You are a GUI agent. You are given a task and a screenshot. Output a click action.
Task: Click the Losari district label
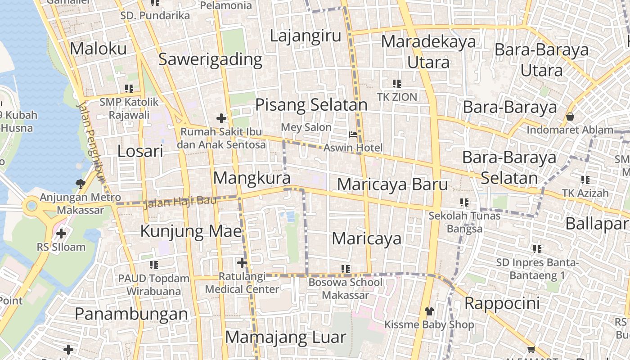[140, 151]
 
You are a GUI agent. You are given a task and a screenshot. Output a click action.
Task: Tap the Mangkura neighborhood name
[252, 178]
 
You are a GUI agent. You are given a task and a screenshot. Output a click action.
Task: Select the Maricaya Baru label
[392, 184]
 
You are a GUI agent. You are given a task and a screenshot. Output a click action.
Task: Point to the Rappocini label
[502, 303]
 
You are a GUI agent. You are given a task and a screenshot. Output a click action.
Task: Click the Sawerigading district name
[210, 59]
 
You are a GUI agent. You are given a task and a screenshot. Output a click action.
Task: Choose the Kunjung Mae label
[191, 231]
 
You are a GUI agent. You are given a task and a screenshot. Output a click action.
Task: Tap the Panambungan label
[131, 314]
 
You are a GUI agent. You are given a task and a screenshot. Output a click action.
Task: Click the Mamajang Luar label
[286, 337]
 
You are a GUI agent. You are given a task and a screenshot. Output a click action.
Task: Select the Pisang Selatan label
[311, 105]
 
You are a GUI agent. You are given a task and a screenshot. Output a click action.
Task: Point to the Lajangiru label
[306, 36]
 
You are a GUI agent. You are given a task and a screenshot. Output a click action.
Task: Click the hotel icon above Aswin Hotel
[354, 135]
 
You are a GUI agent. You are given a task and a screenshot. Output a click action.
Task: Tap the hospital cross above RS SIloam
[61, 234]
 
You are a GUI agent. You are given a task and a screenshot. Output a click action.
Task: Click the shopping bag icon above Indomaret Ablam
[570, 117]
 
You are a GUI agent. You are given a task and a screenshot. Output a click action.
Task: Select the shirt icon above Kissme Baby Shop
[429, 311]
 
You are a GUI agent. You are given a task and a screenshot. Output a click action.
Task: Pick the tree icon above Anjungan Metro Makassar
[81, 184]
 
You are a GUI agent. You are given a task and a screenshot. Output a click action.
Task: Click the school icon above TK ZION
[397, 83]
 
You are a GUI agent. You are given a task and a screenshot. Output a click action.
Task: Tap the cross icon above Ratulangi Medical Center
[242, 262]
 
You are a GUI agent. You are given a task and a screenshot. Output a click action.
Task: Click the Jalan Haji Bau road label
[180, 202]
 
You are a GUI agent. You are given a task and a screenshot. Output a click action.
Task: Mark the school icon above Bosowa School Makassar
[346, 269]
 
